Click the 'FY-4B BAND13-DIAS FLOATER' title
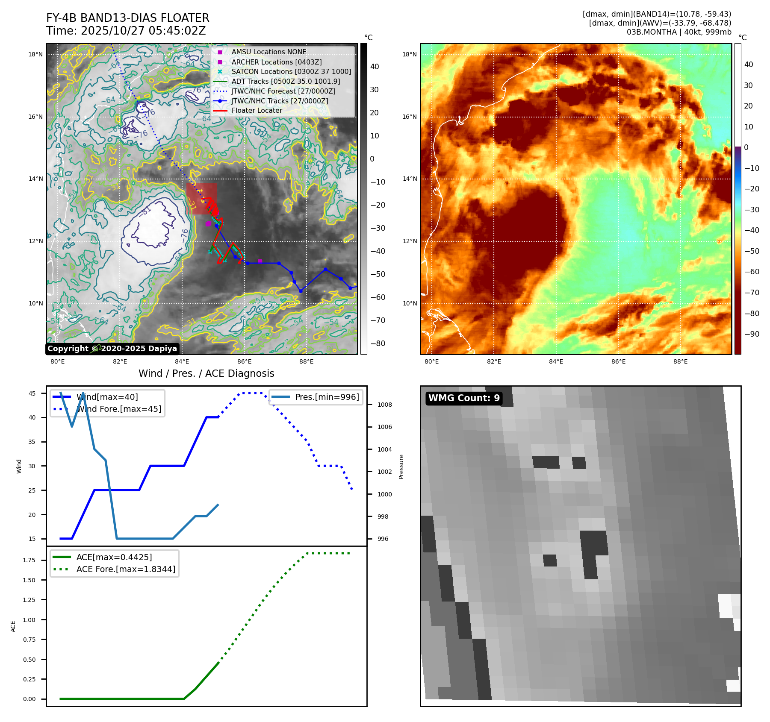[x=127, y=18]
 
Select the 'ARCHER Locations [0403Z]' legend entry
[x=276, y=62]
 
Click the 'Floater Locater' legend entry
[x=257, y=110]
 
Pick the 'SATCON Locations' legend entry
[x=291, y=71]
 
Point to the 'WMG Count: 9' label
[x=464, y=398]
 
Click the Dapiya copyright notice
[x=112, y=349]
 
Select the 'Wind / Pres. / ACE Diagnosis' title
[x=206, y=373]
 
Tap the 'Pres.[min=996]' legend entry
[x=327, y=397]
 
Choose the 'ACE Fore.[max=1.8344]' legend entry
[x=126, y=569]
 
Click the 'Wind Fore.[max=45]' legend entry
[x=119, y=409]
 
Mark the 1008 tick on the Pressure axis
[x=384, y=405]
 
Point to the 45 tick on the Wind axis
[x=32, y=393]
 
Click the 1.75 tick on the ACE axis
[x=29, y=560]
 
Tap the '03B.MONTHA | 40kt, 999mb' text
[x=679, y=32]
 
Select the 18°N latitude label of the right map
[x=409, y=54]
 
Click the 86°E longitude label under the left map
[x=244, y=361]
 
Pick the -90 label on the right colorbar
[x=752, y=334]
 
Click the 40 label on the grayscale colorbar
[x=375, y=66]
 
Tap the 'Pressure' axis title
[x=401, y=467]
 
